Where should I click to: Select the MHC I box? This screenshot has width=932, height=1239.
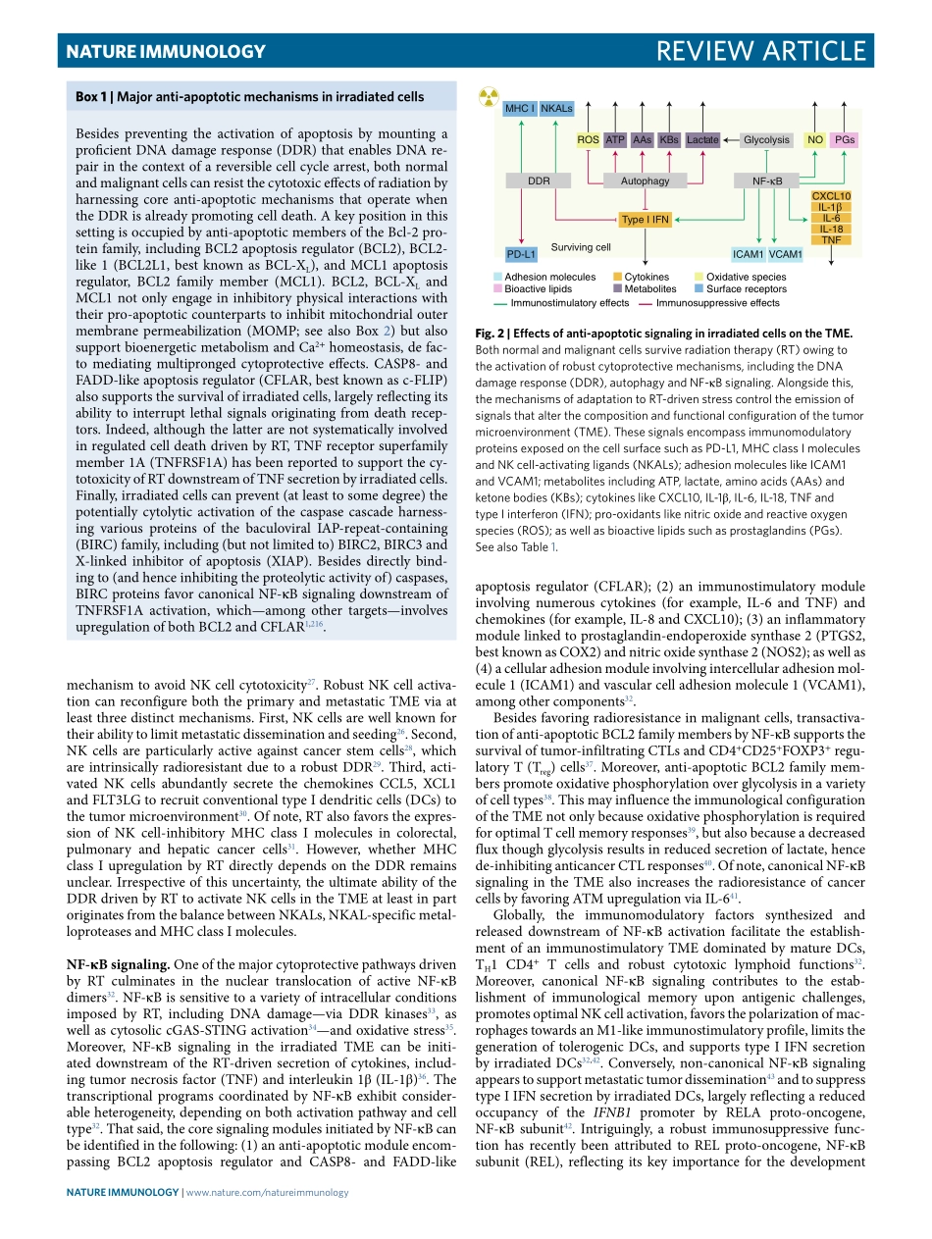click(519, 108)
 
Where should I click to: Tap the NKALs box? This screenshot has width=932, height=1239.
click(555, 108)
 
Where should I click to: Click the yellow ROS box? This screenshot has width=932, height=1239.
click(588, 140)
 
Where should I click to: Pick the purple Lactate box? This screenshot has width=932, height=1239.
click(702, 140)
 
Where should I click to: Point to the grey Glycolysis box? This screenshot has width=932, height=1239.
click(766, 140)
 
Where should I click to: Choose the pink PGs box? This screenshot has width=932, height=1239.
click(846, 140)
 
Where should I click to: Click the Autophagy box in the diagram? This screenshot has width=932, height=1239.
click(645, 181)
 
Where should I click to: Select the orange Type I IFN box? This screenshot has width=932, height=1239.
click(645, 220)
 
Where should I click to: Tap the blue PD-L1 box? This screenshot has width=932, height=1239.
click(521, 255)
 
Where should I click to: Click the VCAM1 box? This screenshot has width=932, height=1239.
click(786, 255)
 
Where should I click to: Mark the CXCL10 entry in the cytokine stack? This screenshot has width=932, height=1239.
click(832, 196)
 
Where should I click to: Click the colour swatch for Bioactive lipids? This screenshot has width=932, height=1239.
click(498, 289)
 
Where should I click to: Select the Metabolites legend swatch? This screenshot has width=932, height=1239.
click(617, 289)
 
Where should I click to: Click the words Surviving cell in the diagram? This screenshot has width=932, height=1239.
click(581, 247)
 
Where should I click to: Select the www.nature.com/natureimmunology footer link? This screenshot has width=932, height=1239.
click(267, 1192)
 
